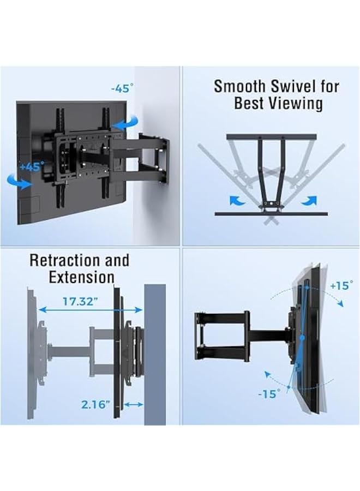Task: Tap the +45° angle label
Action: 31,167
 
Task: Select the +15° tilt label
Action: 341,285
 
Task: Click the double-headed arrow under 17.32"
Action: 91,309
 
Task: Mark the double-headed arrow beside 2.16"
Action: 134,404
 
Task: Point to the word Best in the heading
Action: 249,104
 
